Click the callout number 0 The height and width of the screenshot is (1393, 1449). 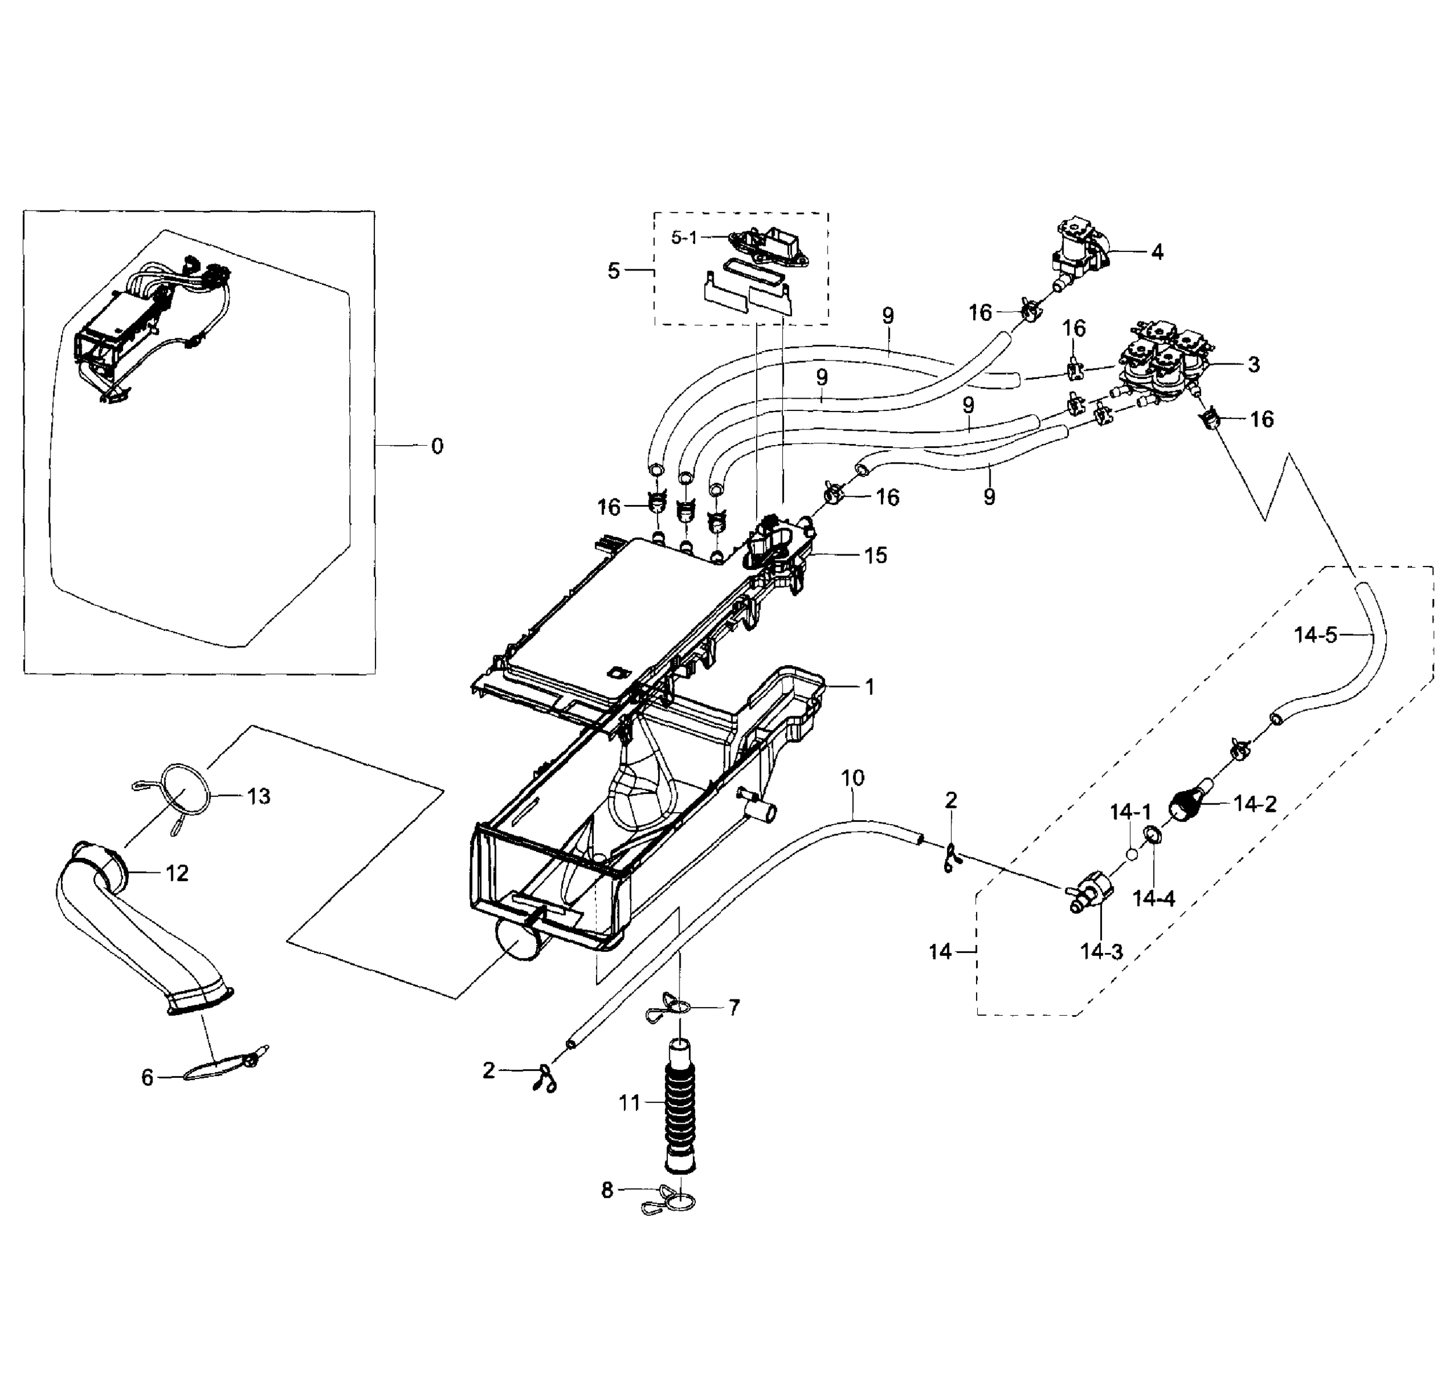click(x=437, y=446)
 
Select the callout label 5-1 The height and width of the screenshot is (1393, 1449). click(x=684, y=237)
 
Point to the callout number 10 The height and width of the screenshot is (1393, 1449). click(x=852, y=778)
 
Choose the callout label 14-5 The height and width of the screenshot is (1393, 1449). click(x=1316, y=634)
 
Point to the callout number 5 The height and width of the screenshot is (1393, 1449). click(x=613, y=272)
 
